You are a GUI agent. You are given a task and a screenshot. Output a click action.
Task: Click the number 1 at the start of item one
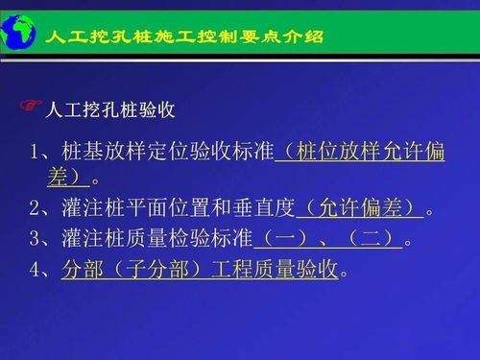pyautogui.click(x=36, y=155)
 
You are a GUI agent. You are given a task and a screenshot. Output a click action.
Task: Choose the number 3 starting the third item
pyautogui.click(x=36, y=239)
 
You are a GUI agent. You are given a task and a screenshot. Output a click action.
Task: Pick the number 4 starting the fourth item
pyautogui.click(x=36, y=270)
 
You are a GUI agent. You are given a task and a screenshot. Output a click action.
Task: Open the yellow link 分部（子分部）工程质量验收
pyautogui.click(x=200, y=270)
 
